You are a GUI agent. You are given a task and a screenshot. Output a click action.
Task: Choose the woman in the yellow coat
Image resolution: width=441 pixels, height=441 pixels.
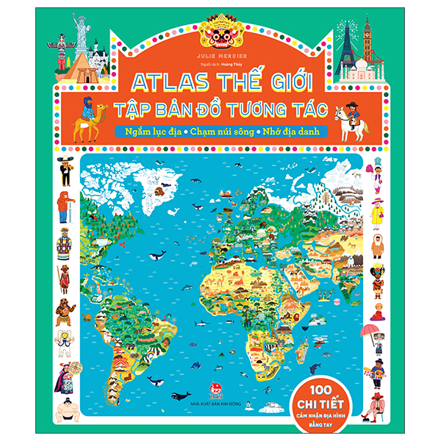click(377, 213)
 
